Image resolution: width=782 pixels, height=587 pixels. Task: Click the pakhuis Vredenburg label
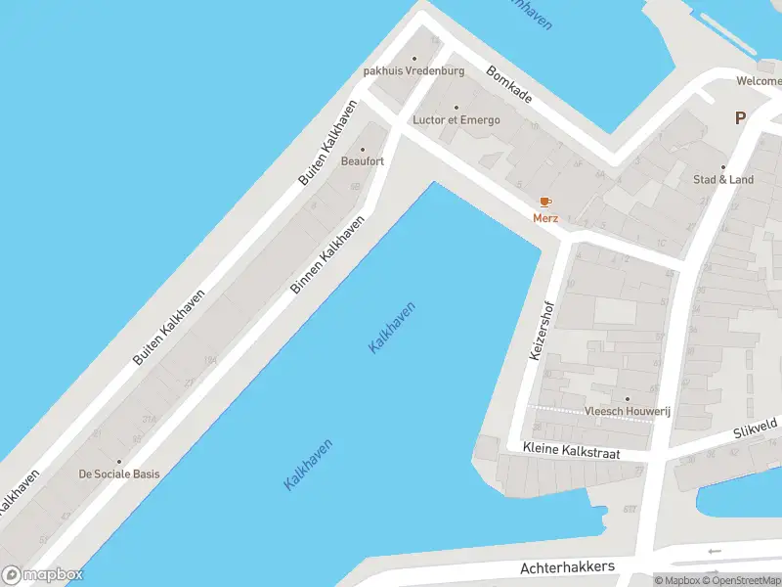(x=413, y=70)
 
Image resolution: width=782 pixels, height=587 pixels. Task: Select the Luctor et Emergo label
(x=456, y=120)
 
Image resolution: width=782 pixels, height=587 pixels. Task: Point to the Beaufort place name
(x=362, y=161)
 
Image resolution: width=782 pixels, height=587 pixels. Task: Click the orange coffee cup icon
(x=545, y=202)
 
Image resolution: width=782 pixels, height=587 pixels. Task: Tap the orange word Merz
(x=545, y=218)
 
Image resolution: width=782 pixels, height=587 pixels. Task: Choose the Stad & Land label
(x=723, y=180)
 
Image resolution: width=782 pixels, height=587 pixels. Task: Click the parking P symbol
(x=740, y=117)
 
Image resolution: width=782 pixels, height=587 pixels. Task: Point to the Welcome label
(x=759, y=81)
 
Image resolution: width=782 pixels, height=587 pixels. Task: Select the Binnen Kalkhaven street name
(x=328, y=254)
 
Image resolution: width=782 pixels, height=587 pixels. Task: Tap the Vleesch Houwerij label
(x=627, y=412)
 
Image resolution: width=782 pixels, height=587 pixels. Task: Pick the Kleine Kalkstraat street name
(x=572, y=452)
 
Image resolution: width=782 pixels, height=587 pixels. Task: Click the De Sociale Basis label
(x=119, y=474)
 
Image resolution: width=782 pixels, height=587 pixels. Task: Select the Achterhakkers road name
(x=567, y=567)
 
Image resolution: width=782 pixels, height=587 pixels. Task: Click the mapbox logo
(x=43, y=574)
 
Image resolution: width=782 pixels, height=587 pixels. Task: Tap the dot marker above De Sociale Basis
(x=119, y=461)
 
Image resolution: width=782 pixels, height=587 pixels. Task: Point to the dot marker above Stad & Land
(x=723, y=166)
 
